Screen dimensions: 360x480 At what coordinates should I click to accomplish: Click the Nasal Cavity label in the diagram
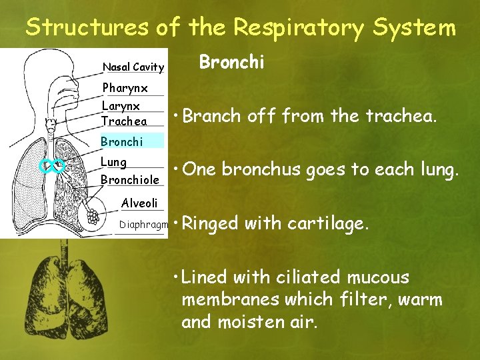(x=133, y=67)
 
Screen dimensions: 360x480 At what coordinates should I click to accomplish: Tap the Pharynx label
(x=125, y=88)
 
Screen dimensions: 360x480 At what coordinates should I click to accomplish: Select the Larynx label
(x=121, y=106)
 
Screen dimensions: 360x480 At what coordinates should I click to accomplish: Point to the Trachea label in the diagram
(x=124, y=121)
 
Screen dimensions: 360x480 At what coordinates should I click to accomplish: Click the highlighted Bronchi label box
(x=131, y=141)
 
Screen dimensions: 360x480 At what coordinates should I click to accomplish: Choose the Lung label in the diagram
(x=113, y=162)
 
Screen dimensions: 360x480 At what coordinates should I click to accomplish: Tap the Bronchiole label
(x=129, y=180)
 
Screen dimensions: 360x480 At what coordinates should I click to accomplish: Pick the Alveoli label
(x=139, y=203)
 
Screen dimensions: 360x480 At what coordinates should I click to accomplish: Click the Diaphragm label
(x=143, y=225)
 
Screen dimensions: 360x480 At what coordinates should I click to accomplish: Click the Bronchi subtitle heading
(x=232, y=62)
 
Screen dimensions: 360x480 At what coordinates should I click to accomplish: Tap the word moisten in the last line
(x=241, y=322)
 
